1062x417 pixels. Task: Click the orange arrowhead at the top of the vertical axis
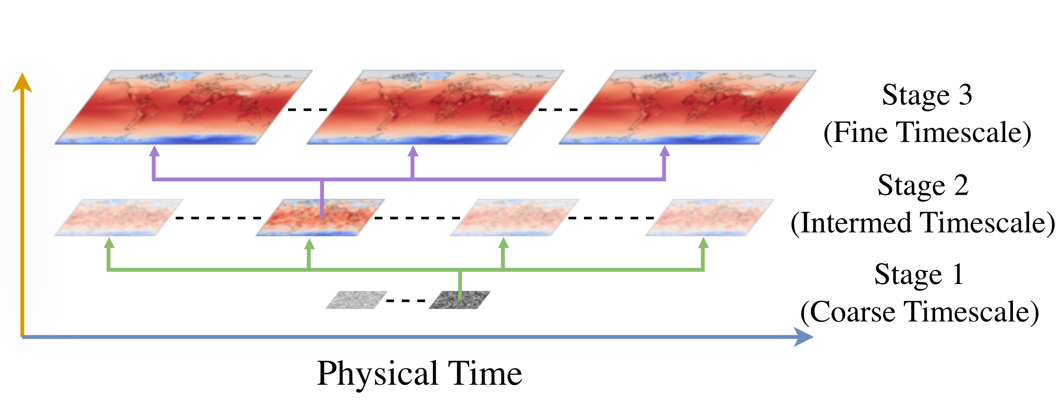(22, 83)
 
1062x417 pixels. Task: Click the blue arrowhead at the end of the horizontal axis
(803, 337)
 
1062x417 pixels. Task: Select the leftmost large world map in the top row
(183, 107)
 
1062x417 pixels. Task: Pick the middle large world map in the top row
(435, 107)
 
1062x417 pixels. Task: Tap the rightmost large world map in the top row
(687, 107)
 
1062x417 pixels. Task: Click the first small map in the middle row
(119, 217)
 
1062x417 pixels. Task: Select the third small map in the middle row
(515, 217)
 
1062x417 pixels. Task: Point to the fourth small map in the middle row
(709, 217)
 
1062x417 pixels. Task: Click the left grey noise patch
(357, 300)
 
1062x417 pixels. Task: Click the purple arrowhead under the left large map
(154, 151)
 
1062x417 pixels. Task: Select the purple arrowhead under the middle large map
(413, 151)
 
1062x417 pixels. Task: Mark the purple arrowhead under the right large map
(665, 151)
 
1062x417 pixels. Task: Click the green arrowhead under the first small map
(109, 243)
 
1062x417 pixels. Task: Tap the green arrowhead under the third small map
(503, 243)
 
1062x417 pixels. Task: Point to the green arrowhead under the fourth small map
(703, 243)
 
